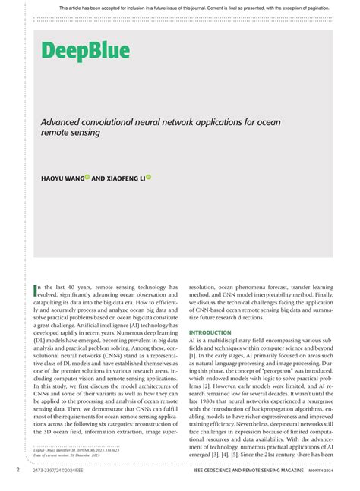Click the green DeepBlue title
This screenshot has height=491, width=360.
(85, 52)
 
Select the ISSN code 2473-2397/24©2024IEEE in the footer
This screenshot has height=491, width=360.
(62, 471)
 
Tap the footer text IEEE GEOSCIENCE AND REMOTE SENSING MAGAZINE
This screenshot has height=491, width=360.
(257, 471)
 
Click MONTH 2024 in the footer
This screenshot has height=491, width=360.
(327, 471)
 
